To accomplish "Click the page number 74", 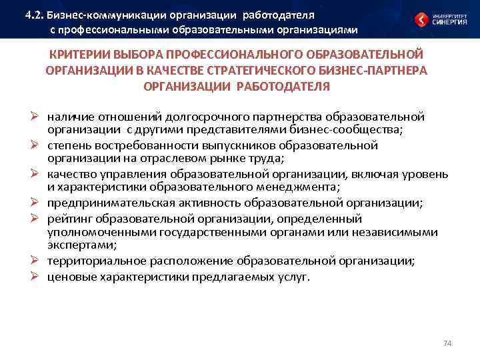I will coord(447,343).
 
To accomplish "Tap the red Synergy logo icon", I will coord(421,20).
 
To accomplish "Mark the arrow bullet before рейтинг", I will coord(38,219).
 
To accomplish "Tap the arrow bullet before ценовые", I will coord(38,277).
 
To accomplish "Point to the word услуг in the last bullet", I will coord(293,277).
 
